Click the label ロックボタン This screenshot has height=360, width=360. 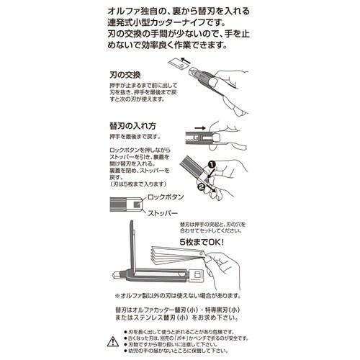168,196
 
